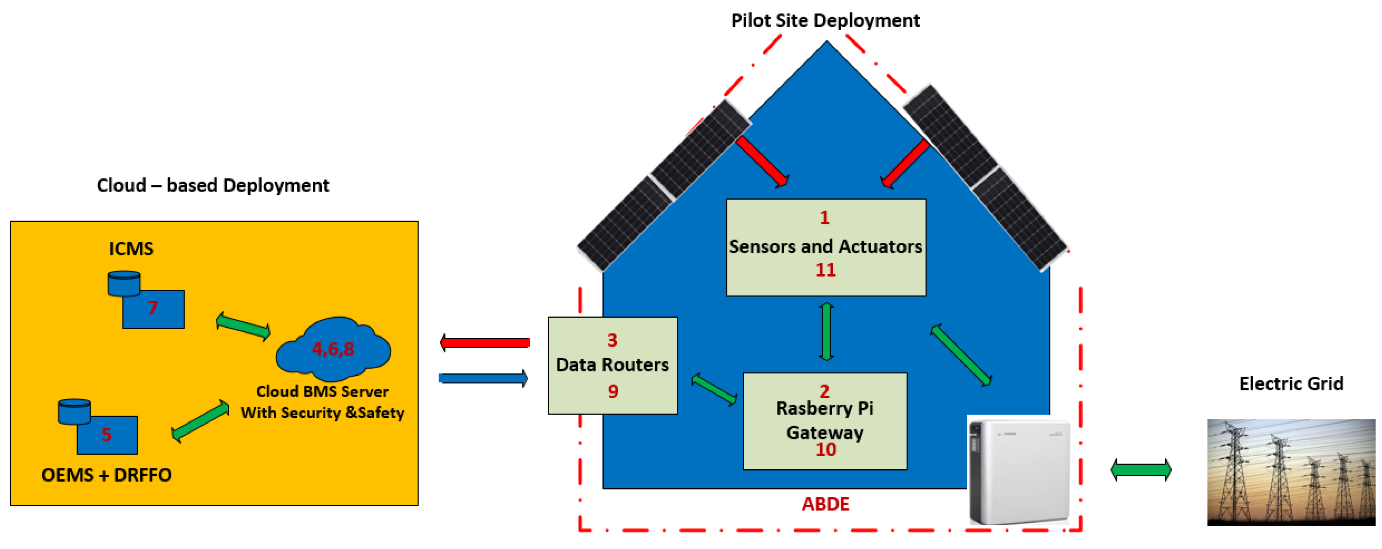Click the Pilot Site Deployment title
[x=825, y=21]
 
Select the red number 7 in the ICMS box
[x=153, y=308]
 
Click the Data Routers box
[x=612, y=365]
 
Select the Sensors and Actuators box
[x=826, y=247]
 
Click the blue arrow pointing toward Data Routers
[x=483, y=378]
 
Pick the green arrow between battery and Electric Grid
[x=1141, y=470]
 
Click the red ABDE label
[x=825, y=504]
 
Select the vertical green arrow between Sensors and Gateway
[x=826, y=332]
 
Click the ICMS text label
[x=131, y=248]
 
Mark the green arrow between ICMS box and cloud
[x=243, y=326]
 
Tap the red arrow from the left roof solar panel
[x=763, y=161]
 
